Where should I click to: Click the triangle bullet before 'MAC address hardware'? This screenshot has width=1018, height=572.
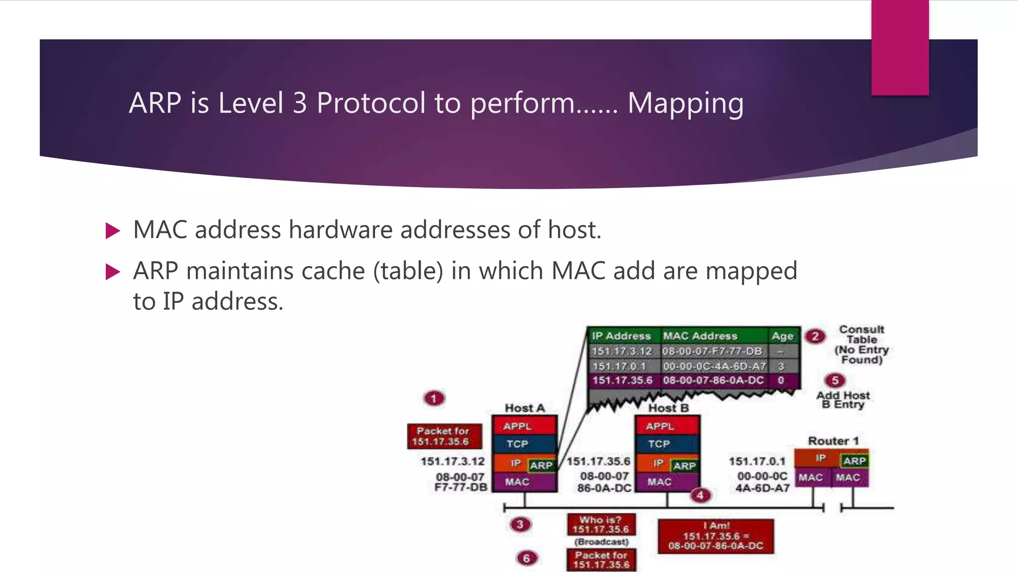[113, 231]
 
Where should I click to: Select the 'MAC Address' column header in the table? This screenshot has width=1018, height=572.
[700, 336]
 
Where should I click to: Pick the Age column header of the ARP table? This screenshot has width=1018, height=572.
[782, 336]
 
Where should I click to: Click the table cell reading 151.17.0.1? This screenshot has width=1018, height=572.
[619, 366]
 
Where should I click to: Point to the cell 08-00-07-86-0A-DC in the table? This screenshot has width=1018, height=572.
[713, 380]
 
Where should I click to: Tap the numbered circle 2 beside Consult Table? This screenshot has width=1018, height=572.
[815, 336]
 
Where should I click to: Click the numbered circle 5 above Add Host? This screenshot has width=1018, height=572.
[835, 380]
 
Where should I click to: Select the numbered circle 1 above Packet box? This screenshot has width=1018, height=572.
[434, 398]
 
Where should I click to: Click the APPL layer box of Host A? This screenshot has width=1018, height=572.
[524, 426]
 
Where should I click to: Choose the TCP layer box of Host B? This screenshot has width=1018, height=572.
[666, 444]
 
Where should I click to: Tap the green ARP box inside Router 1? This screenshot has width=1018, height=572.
[854, 461]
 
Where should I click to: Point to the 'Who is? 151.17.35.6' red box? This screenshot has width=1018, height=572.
[601, 524]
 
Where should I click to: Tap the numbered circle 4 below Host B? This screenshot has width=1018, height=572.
[700, 495]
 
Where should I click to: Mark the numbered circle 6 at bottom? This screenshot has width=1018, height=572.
[526, 558]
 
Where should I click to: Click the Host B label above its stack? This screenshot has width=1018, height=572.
[668, 408]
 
